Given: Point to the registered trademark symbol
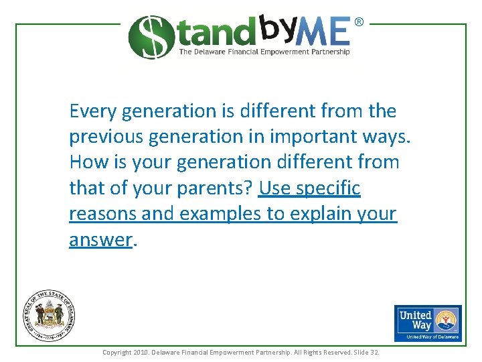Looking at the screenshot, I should point(359,22).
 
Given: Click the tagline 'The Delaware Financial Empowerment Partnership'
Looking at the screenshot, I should point(264,52).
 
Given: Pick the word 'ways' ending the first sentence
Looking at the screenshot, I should point(384,137).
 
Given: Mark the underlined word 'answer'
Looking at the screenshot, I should point(100,240).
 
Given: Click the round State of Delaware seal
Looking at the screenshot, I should point(50,315).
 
